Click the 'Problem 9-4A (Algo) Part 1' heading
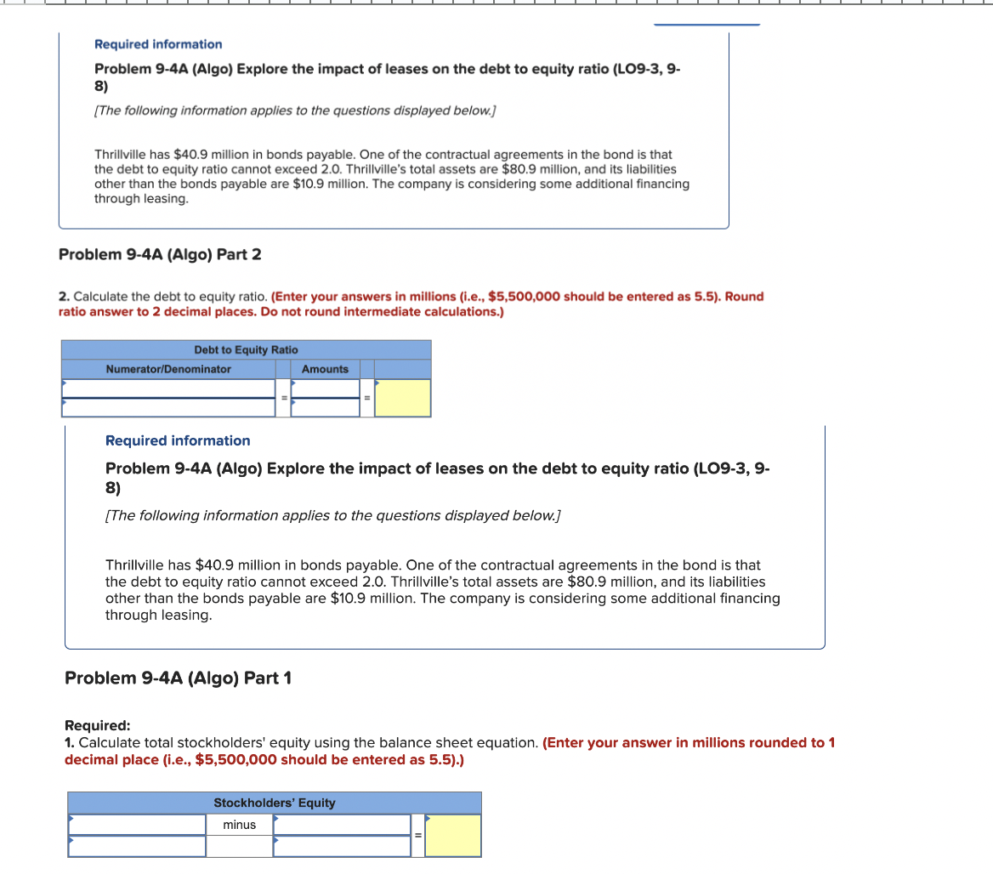[178, 678]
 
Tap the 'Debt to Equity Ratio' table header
[246, 349]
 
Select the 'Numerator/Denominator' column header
[167, 369]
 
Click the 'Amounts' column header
[325, 369]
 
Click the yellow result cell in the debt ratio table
[403, 398]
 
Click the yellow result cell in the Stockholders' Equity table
[453, 835]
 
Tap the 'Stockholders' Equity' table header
[274, 803]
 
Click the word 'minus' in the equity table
[239, 825]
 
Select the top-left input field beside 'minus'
[137, 825]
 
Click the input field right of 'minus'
[342, 825]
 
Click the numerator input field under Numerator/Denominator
[167, 389]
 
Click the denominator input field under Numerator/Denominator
[167, 407]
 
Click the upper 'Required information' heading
[158, 44]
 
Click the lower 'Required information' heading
[178, 440]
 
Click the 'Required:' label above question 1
[98, 725]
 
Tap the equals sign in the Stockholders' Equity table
[417, 835]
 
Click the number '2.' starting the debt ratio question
[64, 297]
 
